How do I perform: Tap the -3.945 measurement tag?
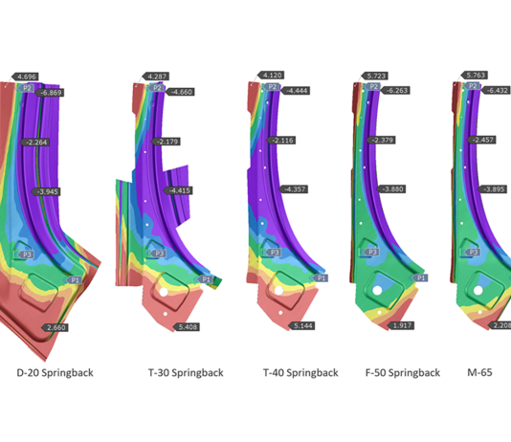(48, 192)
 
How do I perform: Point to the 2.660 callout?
(56, 327)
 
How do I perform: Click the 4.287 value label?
(157, 76)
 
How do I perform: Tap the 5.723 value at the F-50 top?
(376, 76)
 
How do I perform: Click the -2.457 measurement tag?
(481, 141)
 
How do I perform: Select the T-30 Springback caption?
(185, 372)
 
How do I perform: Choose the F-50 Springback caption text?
(403, 372)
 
